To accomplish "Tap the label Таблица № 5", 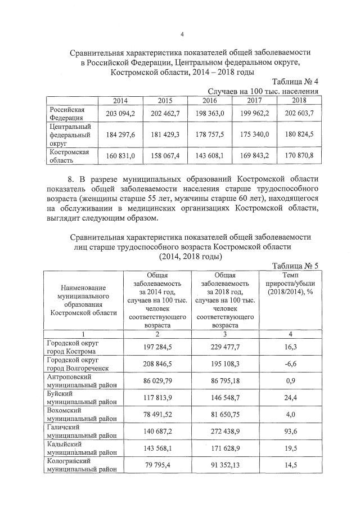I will click(295, 266).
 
